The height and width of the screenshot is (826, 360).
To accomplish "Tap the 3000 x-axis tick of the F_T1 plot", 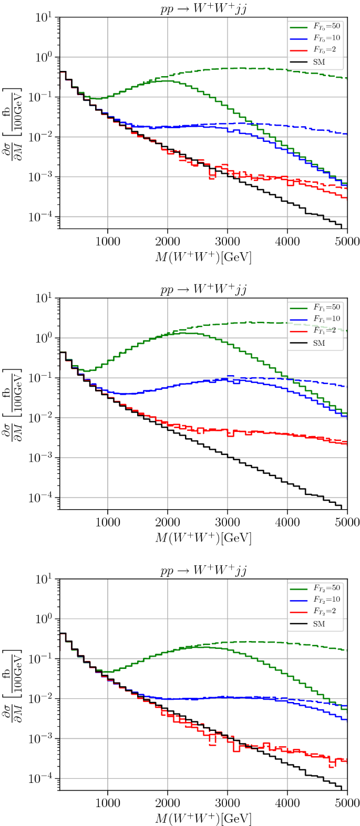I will pyautogui.click(x=227, y=522).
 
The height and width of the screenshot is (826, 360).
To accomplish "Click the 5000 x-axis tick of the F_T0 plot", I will pyautogui.click(x=347, y=241).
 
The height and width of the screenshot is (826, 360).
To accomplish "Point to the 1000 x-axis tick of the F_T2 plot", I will pyautogui.click(x=108, y=803).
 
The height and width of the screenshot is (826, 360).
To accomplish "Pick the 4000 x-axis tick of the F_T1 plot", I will pyautogui.click(x=287, y=522).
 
